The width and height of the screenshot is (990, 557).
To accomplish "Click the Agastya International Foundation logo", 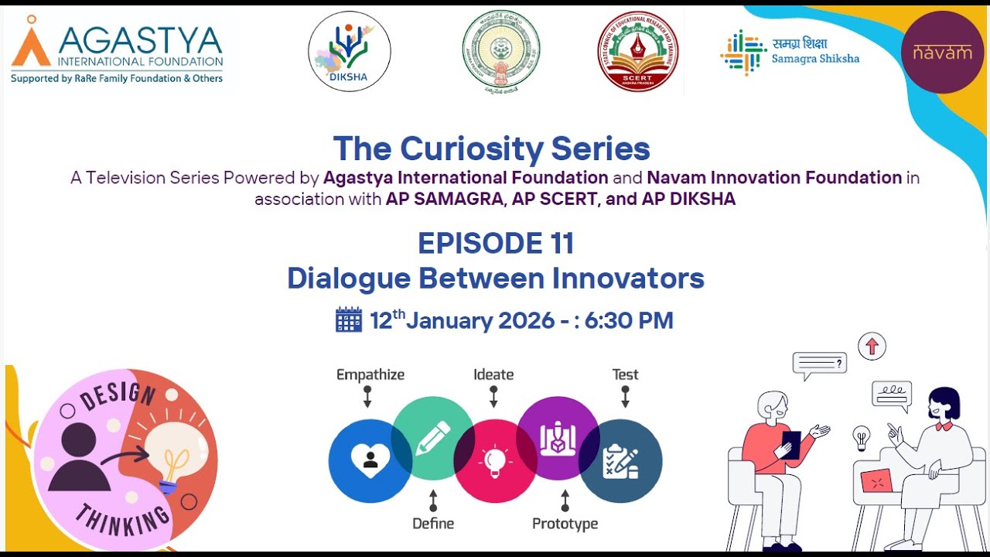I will click(x=118, y=50).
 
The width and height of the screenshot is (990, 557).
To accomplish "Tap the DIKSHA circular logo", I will click(x=350, y=51).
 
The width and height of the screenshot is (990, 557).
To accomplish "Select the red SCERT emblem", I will click(x=637, y=51).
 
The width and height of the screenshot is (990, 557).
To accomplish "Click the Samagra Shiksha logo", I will click(x=790, y=52).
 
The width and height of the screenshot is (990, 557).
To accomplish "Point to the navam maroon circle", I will click(x=942, y=52).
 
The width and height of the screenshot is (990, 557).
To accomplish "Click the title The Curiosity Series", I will click(x=491, y=149).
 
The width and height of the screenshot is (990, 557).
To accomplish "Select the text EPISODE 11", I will click(x=496, y=243).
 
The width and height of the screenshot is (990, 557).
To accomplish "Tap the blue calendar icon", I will click(x=349, y=320).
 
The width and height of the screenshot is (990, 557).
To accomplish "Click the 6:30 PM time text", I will click(x=629, y=320).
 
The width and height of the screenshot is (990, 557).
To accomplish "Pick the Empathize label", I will click(x=370, y=374).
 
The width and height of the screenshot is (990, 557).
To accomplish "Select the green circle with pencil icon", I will click(x=432, y=438).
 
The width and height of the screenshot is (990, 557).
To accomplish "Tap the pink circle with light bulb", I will click(x=495, y=461).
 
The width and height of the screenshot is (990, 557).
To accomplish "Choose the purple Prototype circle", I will click(x=558, y=438).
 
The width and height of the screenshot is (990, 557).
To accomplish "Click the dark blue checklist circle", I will click(x=621, y=461).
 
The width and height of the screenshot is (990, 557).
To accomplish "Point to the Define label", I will click(x=432, y=524).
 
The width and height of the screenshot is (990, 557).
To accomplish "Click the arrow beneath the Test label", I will click(x=625, y=397).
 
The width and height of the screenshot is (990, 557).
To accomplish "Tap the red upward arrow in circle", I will click(x=872, y=346).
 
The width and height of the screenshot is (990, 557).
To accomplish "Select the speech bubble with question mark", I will click(x=819, y=364).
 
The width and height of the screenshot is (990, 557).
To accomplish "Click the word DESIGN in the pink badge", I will click(x=118, y=395).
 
